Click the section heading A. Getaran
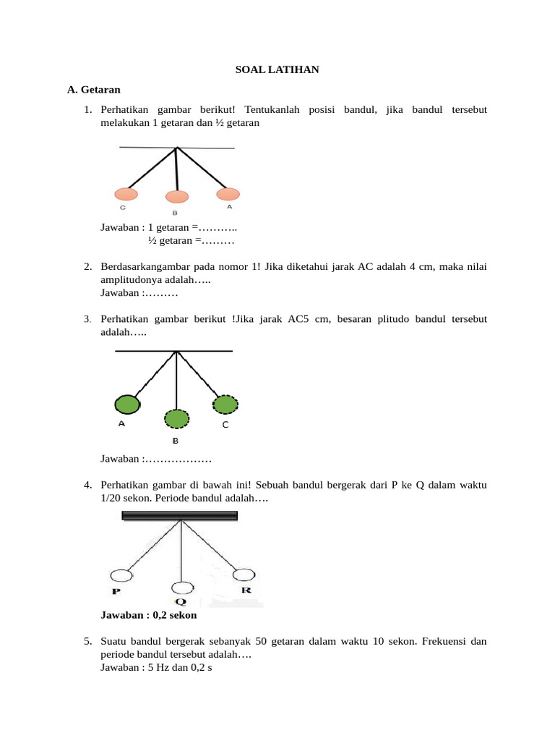click(x=93, y=90)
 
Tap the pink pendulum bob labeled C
click(x=126, y=193)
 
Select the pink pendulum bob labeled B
click(x=176, y=196)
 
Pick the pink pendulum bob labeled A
click(x=228, y=193)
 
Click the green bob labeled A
click(x=126, y=404)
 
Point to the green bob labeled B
click(x=176, y=418)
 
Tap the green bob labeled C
click(x=225, y=404)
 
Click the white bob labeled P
click(x=121, y=575)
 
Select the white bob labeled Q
click(x=183, y=587)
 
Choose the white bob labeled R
click(x=244, y=575)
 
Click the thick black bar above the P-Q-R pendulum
click(x=180, y=516)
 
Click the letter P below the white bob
click(x=116, y=591)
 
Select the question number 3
click(x=87, y=319)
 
